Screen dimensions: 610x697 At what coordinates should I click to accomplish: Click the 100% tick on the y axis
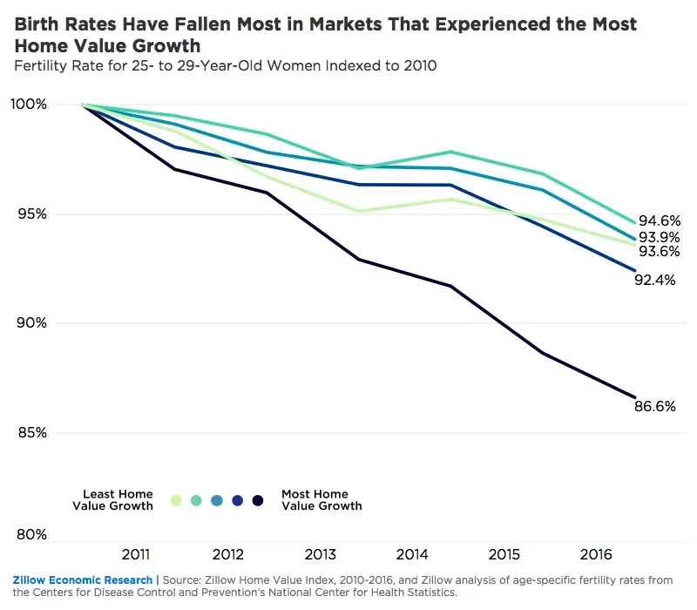pyautogui.click(x=30, y=105)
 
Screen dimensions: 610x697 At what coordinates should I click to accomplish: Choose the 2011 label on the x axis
pyautogui.click(x=135, y=554)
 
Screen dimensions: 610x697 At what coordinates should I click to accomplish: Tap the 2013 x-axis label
pyautogui.click(x=321, y=554)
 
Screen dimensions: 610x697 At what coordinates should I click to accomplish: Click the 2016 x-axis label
pyautogui.click(x=595, y=554)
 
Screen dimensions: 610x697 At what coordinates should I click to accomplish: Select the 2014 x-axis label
pyautogui.click(x=411, y=554)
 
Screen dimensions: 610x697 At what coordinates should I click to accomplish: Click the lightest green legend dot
pyautogui.click(x=176, y=500)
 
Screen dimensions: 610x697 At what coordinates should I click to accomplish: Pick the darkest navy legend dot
pyautogui.click(x=258, y=500)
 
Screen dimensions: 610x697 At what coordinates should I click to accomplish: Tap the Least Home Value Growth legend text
pyautogui.click(x=113, y=500)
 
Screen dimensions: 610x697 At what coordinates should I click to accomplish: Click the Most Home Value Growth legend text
pyautogui.click(x=321, y=500)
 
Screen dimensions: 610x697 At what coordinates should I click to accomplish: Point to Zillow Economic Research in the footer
pyautogui.click(x=83, y=579)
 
